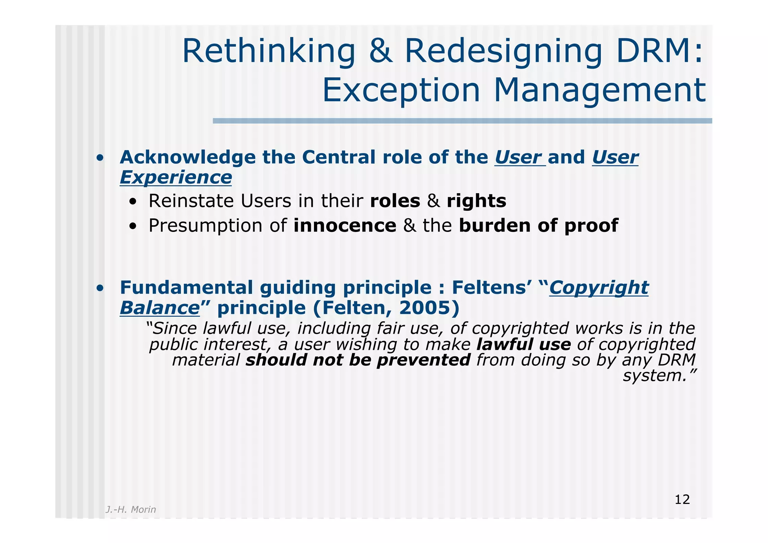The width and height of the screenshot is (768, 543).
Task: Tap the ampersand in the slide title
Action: tap(381, 52)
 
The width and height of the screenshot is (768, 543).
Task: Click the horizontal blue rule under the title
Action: tap(462, 121)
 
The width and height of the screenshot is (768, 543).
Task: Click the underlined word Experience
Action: tap(175, 177)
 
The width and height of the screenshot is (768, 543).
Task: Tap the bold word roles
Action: tap(395, 201)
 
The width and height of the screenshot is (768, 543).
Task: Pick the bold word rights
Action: tap(476, 201)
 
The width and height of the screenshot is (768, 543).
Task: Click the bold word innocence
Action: tap(345, 226)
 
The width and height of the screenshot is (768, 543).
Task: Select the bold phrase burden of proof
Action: tap(538, 226)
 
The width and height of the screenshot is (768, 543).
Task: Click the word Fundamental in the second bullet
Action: tap(186, 288)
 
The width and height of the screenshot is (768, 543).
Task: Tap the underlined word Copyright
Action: tap(598, 288)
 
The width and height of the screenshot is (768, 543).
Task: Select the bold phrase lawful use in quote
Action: tap(523, 344)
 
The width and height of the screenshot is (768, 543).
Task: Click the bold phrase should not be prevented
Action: tap(358, 360)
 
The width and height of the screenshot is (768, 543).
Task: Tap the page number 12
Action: tap(682, 500)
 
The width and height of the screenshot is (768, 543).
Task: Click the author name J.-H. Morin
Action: tap(130, 510)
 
